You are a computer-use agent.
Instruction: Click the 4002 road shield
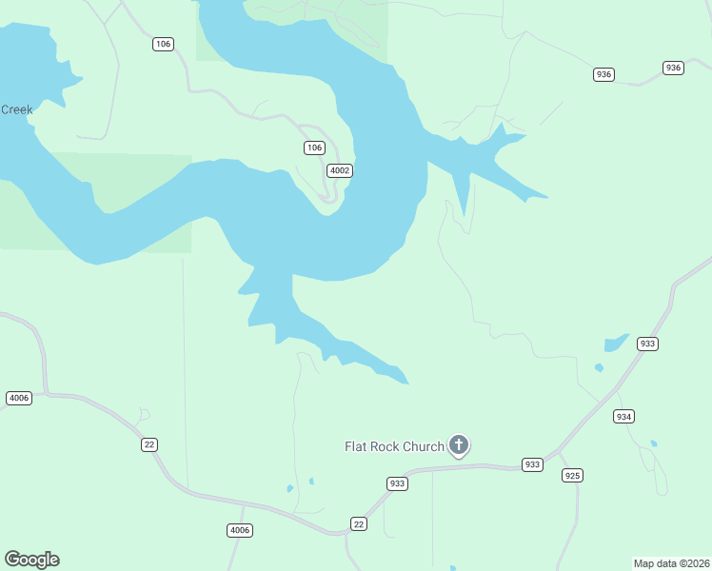pos(340,170)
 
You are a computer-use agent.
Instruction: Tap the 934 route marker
pos(624,417)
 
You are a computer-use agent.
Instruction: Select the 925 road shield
pos(572,475)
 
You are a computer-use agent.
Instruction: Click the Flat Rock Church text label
pos(394,446)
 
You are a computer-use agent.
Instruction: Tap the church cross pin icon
pos(459,444)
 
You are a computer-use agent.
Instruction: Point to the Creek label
pos(16,109)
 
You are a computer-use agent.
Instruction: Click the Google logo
pos(31,560)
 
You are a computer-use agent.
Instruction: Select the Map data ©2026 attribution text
pos(671,563)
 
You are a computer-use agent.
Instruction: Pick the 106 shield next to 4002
pos(315,148)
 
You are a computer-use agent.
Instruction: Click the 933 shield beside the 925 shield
pos(533,464)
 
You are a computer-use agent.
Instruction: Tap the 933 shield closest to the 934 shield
pos(648,344)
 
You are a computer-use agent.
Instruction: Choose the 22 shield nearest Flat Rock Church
pos(358,524)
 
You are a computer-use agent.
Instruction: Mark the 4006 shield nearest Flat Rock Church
pos(240,530)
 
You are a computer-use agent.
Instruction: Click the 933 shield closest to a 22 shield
pos(398,483)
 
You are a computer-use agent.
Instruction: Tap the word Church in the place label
pos(424,446)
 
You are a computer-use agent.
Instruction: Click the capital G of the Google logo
pos(12,560)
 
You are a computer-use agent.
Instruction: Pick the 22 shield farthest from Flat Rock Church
pos(148,444)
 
